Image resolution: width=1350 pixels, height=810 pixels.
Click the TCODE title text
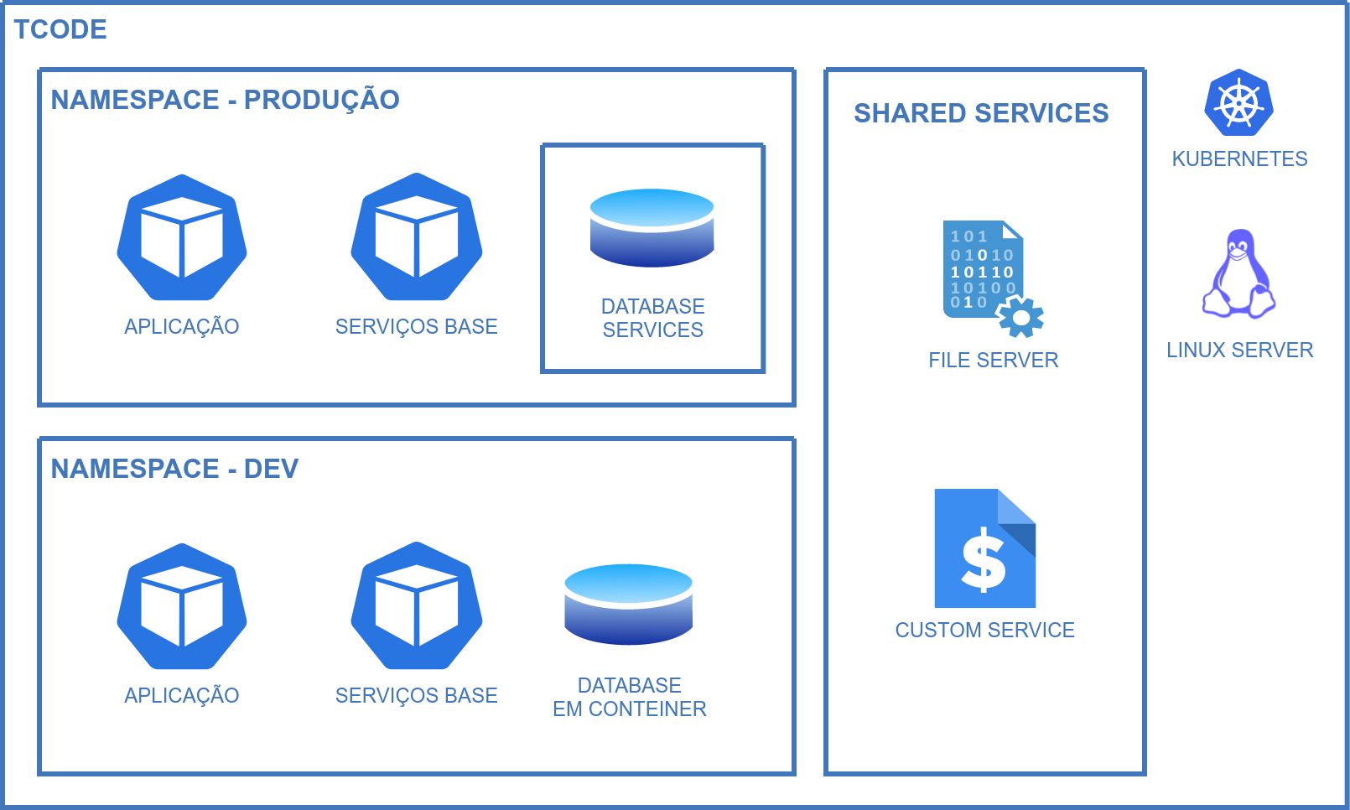coord(60,29)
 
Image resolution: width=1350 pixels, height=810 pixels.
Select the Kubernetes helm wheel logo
coord(1239,103)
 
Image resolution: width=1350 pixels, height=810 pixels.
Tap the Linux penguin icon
coord(1239,274)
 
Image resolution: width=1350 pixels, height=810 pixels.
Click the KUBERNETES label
coord(1239,159)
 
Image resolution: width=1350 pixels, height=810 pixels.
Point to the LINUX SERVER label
coord(1239,350)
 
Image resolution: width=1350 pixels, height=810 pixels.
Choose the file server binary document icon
coord(981,268)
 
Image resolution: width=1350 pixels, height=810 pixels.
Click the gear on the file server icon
coord(1020,317)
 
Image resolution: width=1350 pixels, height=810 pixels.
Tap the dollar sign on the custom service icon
coord(984,560)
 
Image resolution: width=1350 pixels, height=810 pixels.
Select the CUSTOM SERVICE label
coord(984,631)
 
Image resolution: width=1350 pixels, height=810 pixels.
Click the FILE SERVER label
coord(993,361)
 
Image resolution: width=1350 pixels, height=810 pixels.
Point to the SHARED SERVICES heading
coord(981,113)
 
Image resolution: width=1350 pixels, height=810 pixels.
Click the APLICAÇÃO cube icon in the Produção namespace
coord(182,238)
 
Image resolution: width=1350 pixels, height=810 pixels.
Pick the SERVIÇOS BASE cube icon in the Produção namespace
coord(417,237)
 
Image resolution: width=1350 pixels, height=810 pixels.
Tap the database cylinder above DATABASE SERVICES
coord(652,228)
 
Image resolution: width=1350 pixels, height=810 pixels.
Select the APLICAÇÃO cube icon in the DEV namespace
coord(182,606)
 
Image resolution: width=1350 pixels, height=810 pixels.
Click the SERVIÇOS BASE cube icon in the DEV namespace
coord(417,605)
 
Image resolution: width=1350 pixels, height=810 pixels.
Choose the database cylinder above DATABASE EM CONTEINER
coord(629,605)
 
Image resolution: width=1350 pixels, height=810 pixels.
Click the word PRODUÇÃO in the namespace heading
coord(321,100)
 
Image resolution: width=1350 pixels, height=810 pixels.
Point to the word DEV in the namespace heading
coord(271,469)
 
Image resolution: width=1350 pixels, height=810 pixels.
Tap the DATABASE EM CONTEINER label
coord(629,698)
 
